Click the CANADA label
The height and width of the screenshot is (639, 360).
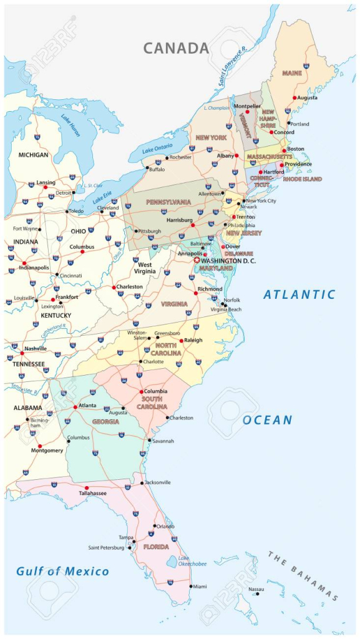176,48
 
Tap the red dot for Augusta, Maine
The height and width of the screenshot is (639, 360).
294,98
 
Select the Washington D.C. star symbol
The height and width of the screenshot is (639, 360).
197,260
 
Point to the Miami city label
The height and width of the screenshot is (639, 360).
200,587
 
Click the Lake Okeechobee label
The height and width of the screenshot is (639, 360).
192,560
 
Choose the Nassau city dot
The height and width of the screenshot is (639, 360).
257,593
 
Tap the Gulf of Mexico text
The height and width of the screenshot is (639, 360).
62,571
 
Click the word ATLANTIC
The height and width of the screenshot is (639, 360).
299,295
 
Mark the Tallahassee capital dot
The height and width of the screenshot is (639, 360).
86,487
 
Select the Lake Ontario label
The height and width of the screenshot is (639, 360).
157,149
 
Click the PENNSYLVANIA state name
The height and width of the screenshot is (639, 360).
168,202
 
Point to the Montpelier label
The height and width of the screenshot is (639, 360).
247,106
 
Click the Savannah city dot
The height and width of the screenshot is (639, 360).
149,441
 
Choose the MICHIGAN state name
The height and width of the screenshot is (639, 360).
33,155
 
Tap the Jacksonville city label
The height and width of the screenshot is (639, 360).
157,482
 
